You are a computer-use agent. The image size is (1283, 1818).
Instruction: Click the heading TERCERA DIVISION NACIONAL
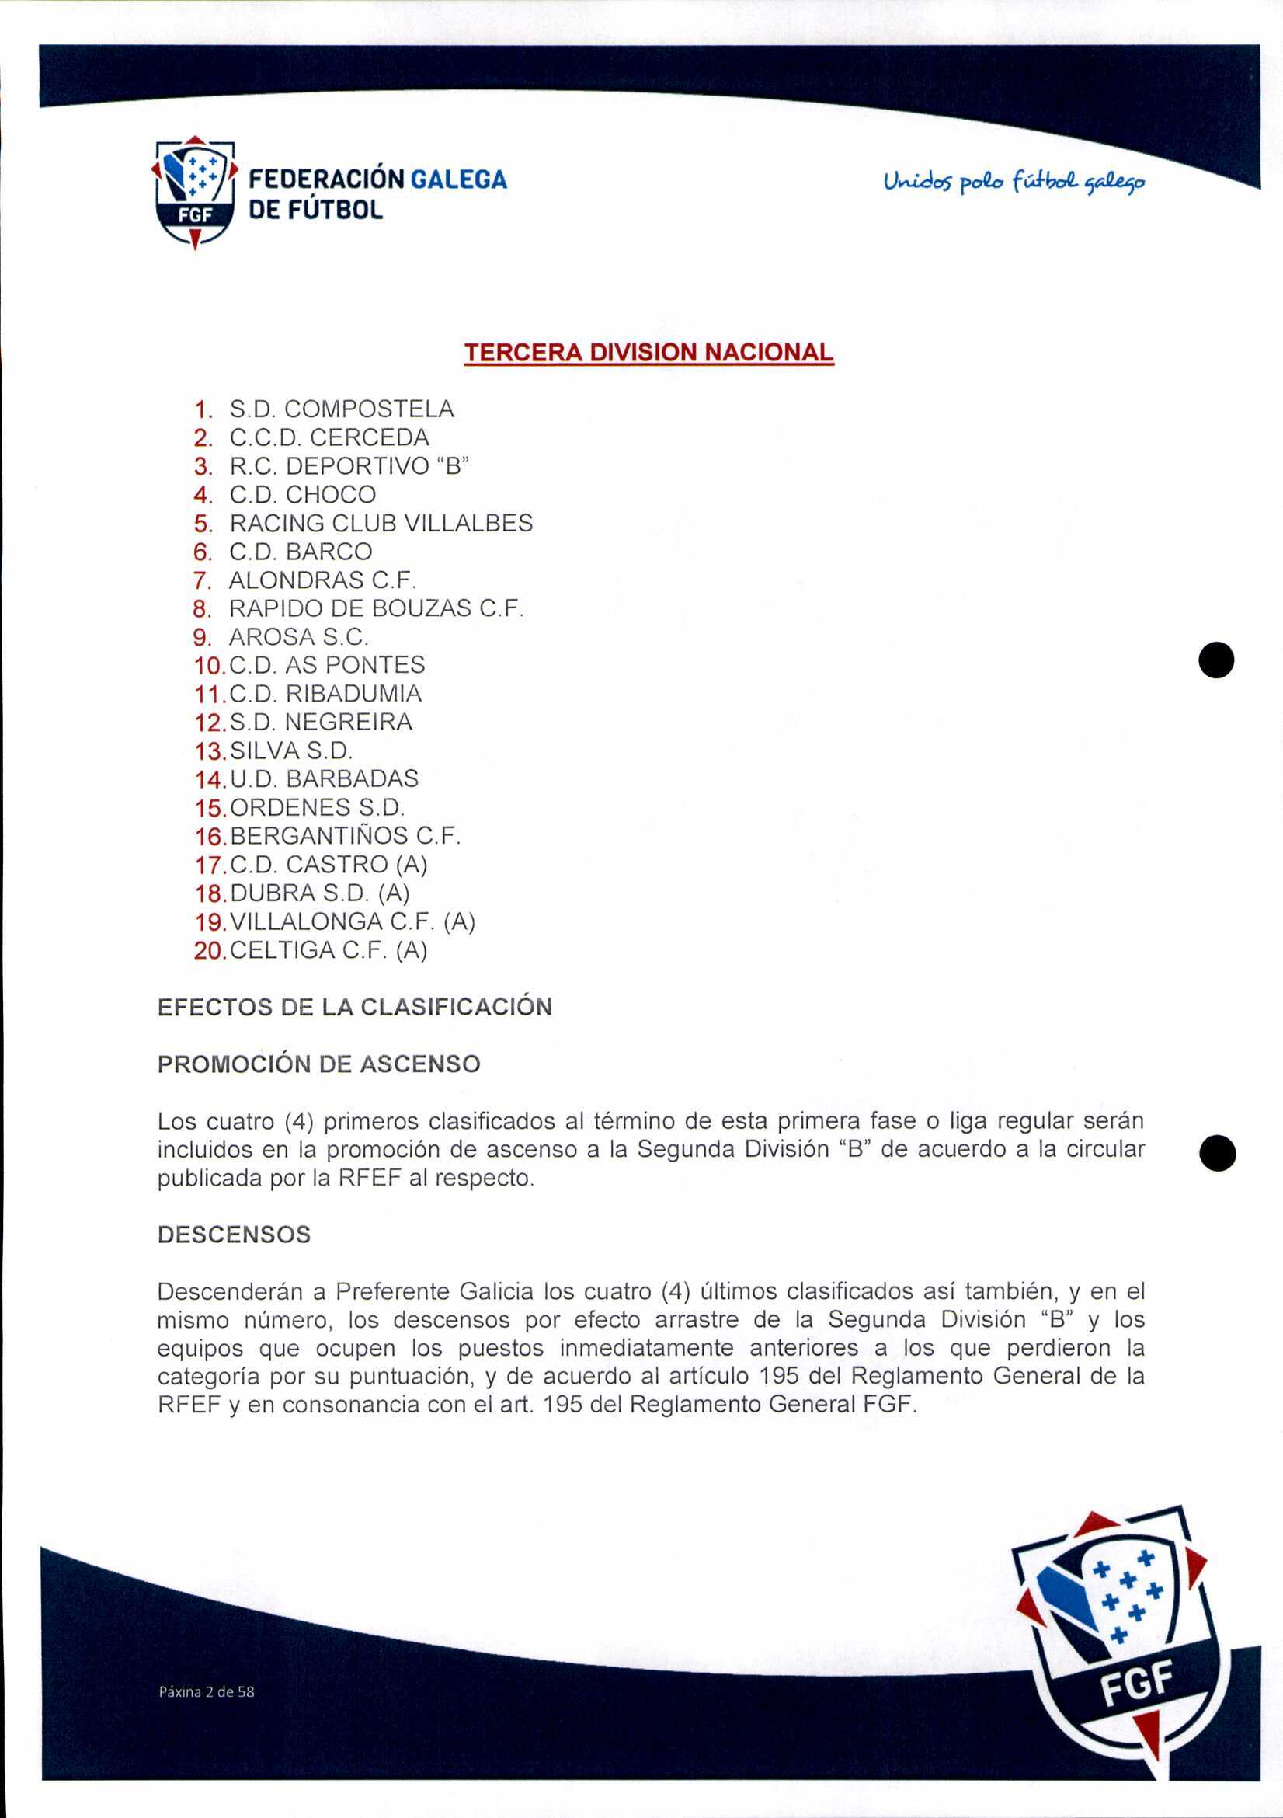click(x=648, y=353)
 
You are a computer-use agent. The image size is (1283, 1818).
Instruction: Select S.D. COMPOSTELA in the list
click(x=341, y=409)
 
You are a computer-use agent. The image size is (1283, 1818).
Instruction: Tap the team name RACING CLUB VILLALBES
click(x=381, y=524)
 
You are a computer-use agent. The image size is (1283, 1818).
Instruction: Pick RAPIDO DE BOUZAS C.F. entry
click(x=377, y=609)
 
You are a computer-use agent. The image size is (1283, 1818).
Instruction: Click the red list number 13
click(x=210, y=751)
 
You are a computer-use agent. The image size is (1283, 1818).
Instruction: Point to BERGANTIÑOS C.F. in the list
click(x=345, y=836)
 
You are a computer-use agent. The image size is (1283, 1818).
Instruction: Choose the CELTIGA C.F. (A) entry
click(x=329, y=950)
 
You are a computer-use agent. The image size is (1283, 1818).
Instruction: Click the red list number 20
click(x=210, y=950)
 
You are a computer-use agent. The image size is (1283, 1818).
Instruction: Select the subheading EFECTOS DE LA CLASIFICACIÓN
click(x=355, y=1007)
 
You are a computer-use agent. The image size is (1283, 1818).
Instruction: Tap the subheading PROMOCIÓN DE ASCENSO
click(x=319, y=1064)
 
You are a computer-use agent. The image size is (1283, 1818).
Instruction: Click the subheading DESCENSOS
click(x=235, y=1235)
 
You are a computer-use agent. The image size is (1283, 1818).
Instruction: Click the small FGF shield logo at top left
click(x=195, y=193)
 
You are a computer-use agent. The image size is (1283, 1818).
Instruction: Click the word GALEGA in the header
click(x=459, y=179)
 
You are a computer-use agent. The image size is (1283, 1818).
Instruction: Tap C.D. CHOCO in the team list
click(x=302, y=495)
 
